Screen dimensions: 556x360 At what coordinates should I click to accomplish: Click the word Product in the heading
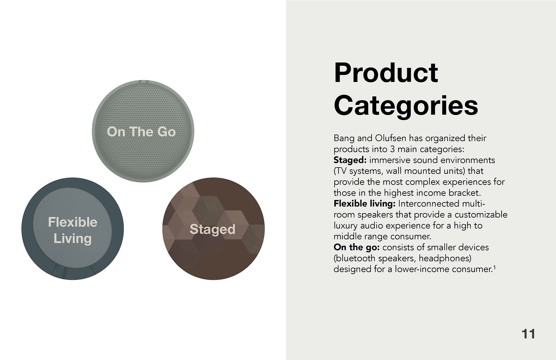386,73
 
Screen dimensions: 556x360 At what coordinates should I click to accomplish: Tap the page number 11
528,334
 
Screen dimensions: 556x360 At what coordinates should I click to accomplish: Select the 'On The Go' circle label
141,132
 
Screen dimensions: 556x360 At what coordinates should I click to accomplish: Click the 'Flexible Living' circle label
73,230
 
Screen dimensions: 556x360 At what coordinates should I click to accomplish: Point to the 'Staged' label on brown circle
212,229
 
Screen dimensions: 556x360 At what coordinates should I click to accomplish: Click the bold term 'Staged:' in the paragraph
350,160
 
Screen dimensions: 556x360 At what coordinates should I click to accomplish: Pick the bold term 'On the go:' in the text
357,247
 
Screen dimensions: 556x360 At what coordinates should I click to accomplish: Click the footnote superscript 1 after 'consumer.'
494,266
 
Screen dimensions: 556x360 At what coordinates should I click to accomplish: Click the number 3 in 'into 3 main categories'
392,149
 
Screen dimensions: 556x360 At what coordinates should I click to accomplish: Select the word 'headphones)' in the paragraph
445,258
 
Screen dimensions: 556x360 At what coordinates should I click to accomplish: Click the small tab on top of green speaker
143,81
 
